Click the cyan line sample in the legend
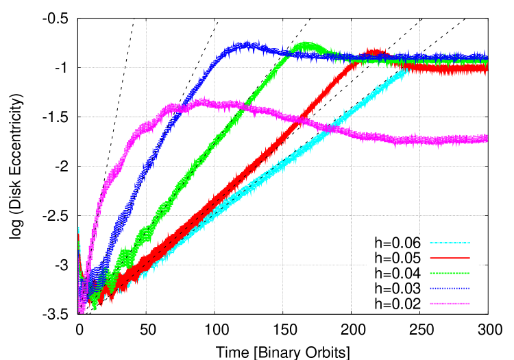tap(450, 243)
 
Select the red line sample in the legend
tap(450, 258)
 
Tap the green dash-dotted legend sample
tap(450, 273)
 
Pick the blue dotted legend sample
tap(450, 288)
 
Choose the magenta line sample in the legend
tap(450, 303)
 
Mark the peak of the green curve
tap(306, 46)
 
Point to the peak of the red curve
tap(374, 51)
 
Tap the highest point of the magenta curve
tap(201, 101)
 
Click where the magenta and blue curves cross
tap(175, 110)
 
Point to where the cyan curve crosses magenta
tap(334, 128)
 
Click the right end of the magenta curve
tap(487, 139)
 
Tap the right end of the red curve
tap(487, 69)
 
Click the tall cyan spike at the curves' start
tap(78, 229)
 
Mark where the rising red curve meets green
tap(356, 62)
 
